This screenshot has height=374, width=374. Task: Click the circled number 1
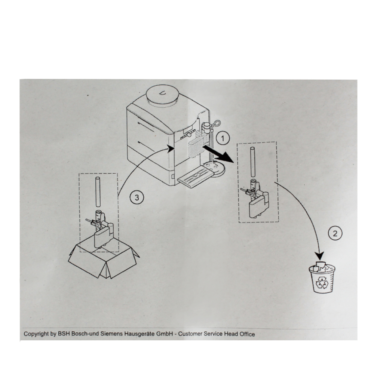223,138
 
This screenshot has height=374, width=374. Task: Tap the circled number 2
335,233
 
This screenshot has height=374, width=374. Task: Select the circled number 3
137,197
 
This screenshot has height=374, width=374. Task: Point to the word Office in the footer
247,334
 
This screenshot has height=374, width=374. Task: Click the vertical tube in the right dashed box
252,162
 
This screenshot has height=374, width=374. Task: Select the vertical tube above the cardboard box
98,192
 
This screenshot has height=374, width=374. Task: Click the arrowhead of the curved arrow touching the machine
171,148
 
